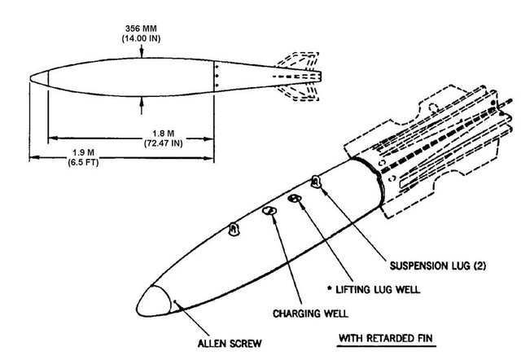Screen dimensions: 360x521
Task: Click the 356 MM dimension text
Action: pyautogui.click(x=142, y=24)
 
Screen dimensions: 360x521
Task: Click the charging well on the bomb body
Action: pyautogui.click(x=270, y=211)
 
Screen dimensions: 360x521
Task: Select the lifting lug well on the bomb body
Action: pyautogui.click(x=296, y=200)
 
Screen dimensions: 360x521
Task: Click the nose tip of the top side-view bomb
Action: pyautogui.click(x=33, y=79)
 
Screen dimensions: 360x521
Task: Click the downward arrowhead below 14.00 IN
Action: pyautogui.click(x=143, y=53)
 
